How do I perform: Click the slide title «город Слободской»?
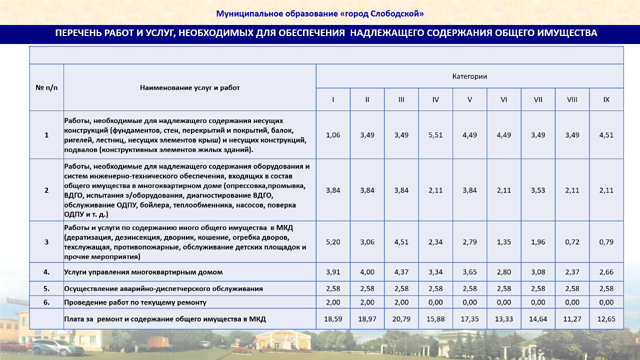click(320, 13)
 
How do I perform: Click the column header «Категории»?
click(469, 76)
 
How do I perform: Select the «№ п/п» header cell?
click(46, 87)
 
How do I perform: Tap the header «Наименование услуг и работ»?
click(190, 87)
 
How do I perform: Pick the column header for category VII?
click(538, 99)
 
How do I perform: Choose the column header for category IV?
click(435, 99)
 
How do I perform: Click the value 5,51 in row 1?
click(435, 135)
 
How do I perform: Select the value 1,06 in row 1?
click(333, 135)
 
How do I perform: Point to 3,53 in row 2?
click(538, 190)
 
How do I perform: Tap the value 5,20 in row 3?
click(333, 242)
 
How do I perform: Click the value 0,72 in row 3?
click(572, 242)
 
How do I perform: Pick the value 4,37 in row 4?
click(401, 272)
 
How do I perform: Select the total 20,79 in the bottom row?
click(401, 319)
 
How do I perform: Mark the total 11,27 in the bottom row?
click(572, 319)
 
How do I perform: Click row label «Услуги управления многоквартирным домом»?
click(143, 272)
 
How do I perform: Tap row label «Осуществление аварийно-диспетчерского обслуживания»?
click(163, 289)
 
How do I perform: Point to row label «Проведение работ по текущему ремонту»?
click(135, 302)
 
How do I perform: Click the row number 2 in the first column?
click(46, 190)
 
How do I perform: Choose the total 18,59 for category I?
click(333, 319)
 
